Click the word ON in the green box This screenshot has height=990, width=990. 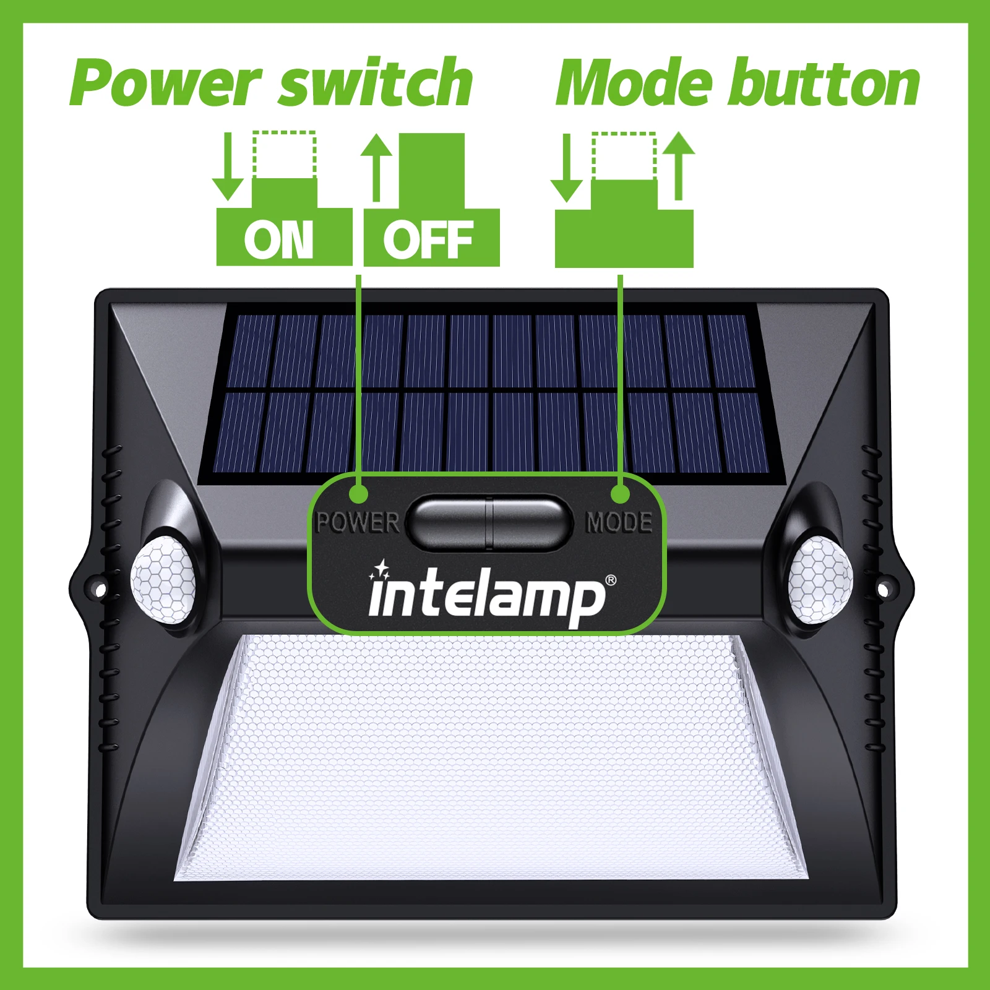coord(278,240)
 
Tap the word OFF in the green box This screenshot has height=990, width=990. coord(428,240)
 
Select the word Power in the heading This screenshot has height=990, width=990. coord(165,84)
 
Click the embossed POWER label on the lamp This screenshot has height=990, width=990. coord(358,523)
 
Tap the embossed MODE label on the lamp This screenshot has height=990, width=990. coord(619,523)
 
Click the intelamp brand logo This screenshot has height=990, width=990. coord(487,594)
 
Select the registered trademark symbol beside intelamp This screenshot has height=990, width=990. coord(611,580)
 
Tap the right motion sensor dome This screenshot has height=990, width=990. coord(820,579)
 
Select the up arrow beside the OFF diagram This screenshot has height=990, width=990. coord(376,167)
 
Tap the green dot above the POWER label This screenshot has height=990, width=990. coord(358,494)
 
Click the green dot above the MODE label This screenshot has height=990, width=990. coord(620,494)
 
